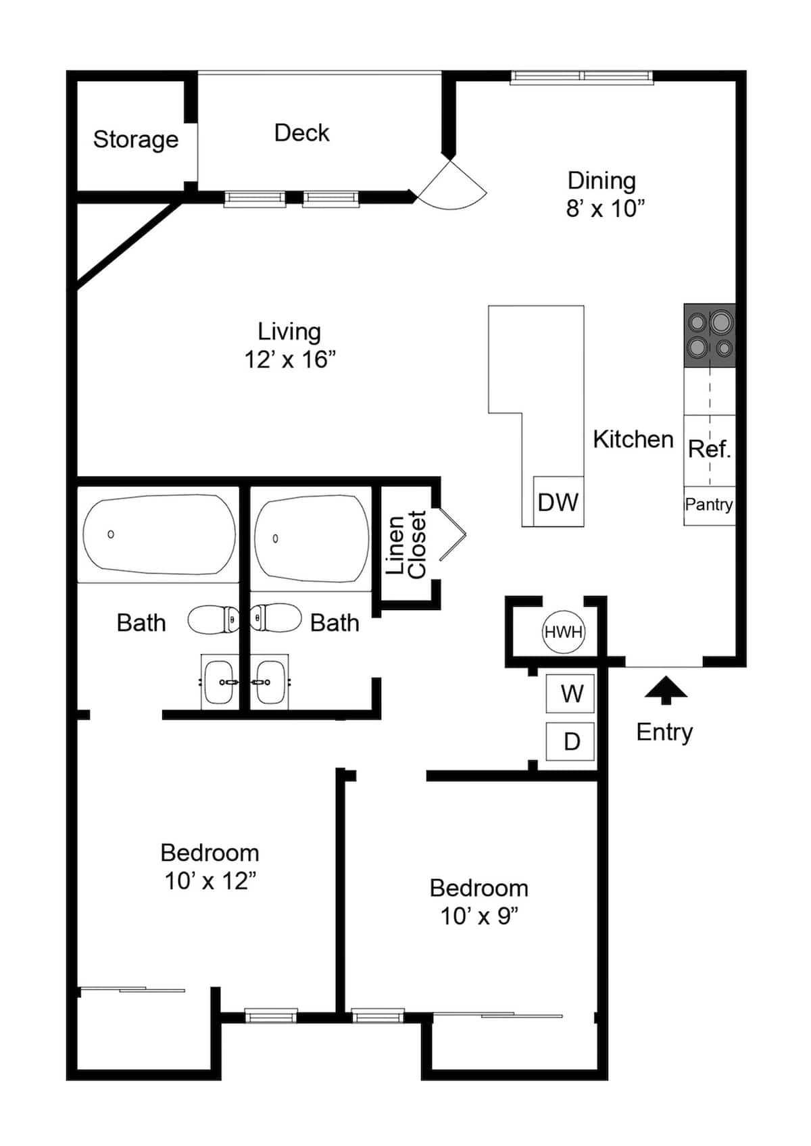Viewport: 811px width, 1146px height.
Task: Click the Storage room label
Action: (x=136, y=140)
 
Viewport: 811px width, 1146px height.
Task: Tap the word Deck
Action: (x=302, y=133)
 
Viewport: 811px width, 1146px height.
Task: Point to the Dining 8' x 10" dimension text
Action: (x=606, y=209)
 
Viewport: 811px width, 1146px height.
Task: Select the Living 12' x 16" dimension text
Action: (x=290, y=359)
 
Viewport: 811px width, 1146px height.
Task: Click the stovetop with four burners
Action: (x=710, y=336)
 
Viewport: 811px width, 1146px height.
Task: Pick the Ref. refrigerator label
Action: (x=710, y=449)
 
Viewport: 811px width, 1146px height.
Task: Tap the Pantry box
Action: (x=710, y=505)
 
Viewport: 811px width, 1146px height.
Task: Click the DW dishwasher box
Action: (x=558, y=502)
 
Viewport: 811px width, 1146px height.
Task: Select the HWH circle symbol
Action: (x=564, y=632)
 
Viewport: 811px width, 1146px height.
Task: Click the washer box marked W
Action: (x=570, y=694)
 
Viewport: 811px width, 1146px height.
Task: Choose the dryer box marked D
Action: (x=570, y=741)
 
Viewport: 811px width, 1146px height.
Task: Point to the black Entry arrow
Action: (x=666, y=690)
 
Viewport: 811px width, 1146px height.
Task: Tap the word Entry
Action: (x=664, y=732)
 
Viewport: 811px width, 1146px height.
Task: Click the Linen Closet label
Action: (x=406, y=545)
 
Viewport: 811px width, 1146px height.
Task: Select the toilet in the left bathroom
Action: (x=212, y=620)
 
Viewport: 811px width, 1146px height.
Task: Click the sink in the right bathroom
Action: (x=270, y=682)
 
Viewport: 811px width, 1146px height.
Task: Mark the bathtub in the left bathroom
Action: (x=159, y=534)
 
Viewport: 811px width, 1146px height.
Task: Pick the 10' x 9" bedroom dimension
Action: (x=479, y=916)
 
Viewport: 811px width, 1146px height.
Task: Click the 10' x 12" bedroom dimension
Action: (x=210, y=882)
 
